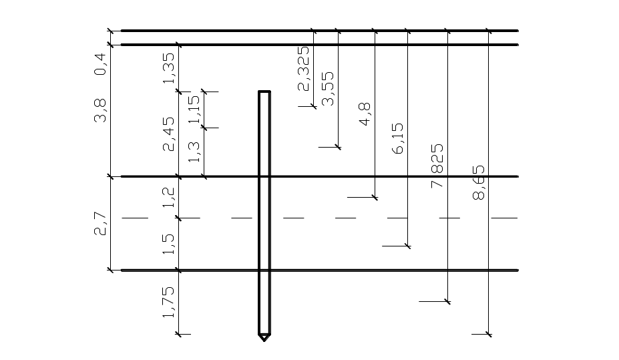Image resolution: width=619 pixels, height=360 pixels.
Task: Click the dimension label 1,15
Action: click(194, 109)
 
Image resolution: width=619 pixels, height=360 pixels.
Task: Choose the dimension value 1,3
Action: click(194, 153)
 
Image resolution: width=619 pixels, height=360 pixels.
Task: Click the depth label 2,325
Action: click(304, 68)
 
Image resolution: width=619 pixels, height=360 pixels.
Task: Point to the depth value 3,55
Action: click(328, 89)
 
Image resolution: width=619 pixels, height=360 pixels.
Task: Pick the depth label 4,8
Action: click(366, 114)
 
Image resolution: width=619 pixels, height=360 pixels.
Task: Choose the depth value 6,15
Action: click(399, 139)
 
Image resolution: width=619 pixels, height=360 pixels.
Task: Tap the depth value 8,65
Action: click(479, 183)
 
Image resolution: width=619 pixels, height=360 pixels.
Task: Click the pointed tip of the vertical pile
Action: click(264, 340)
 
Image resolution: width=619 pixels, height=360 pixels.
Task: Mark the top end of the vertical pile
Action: click(264, 92)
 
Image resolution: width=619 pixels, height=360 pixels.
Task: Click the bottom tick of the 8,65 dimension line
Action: click(489, 333)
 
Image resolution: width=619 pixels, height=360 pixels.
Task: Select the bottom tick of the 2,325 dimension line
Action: click(313, 106)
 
